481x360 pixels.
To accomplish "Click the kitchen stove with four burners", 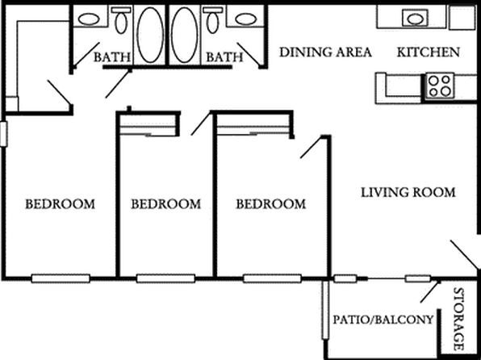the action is pos(439,86).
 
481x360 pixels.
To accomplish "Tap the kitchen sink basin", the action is pos(414,19).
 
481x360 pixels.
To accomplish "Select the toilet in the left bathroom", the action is pos(121,20).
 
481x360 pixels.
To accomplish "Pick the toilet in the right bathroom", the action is pos(212,20).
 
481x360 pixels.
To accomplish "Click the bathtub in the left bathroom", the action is pos(149,35).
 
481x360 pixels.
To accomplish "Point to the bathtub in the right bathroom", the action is pos(185,35).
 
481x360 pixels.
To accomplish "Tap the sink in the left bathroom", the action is pos(89,19).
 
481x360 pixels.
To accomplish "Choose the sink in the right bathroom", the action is pos(246,19).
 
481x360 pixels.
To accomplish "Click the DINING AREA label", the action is pos(325,52).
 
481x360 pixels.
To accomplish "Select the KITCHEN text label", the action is pos(429,52).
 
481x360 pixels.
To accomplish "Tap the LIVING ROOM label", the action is pos(408,192).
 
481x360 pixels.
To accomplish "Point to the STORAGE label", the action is pos(459,319).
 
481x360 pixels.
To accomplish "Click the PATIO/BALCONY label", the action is pos(383,320).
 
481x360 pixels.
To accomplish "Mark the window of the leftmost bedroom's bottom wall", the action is pos(61,278).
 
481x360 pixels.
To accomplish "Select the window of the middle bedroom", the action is pos(165,278).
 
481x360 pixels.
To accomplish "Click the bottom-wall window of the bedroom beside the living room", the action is pos(272,278).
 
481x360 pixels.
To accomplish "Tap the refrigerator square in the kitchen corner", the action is pos(462,17).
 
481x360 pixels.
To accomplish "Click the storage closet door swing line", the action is pos(431,291).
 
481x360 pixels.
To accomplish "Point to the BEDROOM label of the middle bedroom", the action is pos(166,204).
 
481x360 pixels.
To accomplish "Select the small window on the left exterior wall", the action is pos(3,134).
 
